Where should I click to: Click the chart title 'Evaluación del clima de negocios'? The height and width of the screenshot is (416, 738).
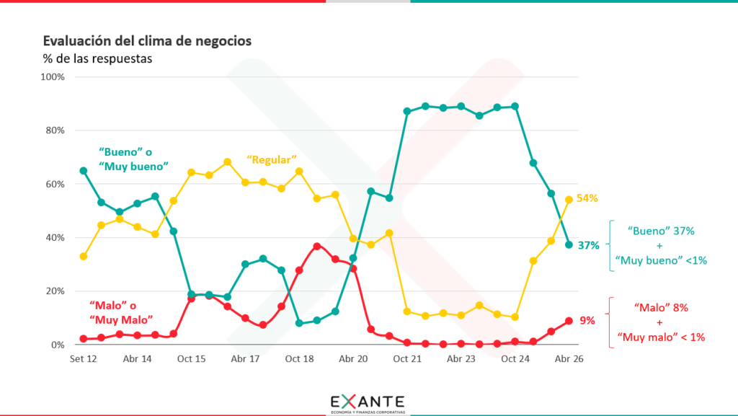pyautogui.click(x=147, y=41)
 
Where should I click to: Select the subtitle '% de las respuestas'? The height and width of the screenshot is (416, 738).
pyautogui.click(x=97, y=59)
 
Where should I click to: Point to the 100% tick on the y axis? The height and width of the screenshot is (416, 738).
pyautogui.click(x=53, y=76)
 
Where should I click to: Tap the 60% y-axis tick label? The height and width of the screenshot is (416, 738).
pyautogui.click(x=55, y=184)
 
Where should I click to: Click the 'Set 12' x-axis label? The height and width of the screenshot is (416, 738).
pyautogui.click(x=84, y=358)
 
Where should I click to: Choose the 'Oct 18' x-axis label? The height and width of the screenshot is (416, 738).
pyautogui.click(x=299, y=358)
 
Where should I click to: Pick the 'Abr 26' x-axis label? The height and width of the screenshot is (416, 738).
pyautogui.click(x=569, y=358)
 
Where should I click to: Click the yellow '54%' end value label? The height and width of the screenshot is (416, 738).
pyautogui.click(x=587, y=198)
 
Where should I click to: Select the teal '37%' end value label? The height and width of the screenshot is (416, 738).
pyautogui.click(x=588, y=245)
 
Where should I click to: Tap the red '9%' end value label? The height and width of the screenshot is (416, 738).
pyautogui.click(x=587, y=320)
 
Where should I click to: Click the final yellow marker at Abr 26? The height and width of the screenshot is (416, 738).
pyautogui.click(x=569, y=200)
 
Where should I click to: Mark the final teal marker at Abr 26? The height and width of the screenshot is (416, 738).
pyautogui.click(x=569, y=244)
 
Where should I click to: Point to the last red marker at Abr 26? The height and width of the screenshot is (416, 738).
pyautogui.click(x=569, y=321)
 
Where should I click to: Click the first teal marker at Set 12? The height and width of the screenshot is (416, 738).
pyautogui.click(x=84, y=171)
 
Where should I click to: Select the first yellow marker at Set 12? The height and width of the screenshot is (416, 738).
pyautogui.click(x=84, y=257)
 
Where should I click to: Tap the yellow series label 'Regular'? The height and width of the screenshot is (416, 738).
pyautogui.click(x=272, y=159)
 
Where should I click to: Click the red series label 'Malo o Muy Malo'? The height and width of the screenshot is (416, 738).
pyautogui.click(x=121, y=312)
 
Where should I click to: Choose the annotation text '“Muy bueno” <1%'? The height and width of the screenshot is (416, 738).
pyautogui.click(x=661, y=260)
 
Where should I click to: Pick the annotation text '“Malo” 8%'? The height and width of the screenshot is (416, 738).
pyautogui.click(x=661, y=308)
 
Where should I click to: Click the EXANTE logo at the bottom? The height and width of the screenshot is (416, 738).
pyautogui.click(x=368, y=403)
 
